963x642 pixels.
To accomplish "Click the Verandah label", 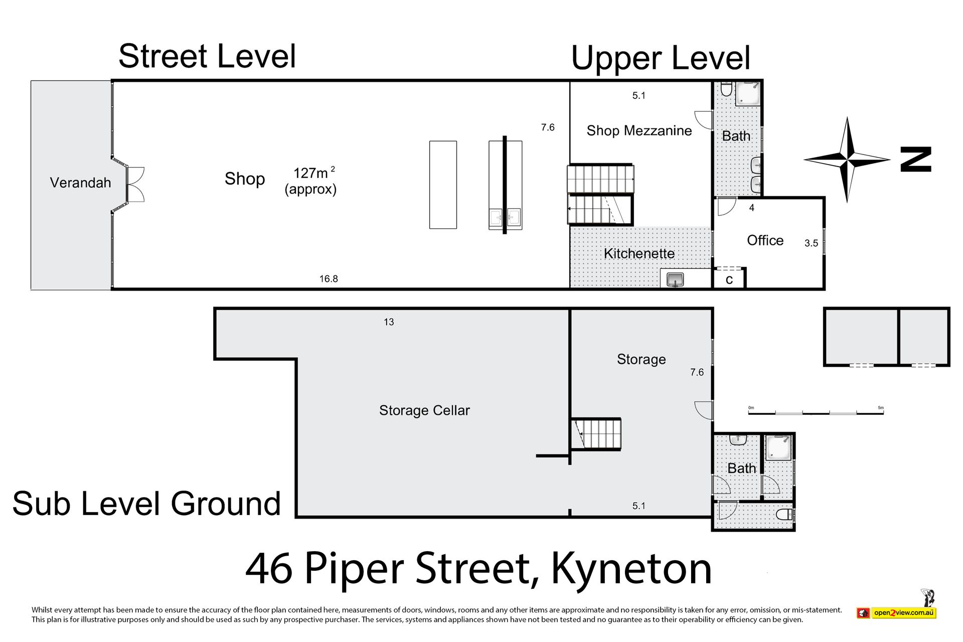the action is coord(80,183).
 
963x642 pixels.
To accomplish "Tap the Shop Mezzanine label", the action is coord(639,131).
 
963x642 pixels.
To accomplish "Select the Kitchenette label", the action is coord(639,253).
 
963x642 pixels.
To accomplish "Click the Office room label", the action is coord(765,240).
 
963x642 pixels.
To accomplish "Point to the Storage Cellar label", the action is coord(424,410).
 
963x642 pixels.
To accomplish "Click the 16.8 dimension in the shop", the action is coord(329,279).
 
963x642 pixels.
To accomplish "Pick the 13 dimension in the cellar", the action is coord(389,322).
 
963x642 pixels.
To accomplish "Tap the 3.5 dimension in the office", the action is coord(811,243).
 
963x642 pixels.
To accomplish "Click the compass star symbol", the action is coord(847,159).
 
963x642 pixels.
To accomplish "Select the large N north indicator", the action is coord(916,159).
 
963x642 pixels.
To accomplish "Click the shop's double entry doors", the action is coord(135,184).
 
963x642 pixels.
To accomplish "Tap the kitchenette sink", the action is coord(676,280).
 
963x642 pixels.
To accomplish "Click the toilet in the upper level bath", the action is coord(726,90).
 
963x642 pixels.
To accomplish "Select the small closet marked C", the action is coord(729,278).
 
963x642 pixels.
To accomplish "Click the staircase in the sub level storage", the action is coord(596,434).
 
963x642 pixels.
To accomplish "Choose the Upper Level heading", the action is coord(661,58).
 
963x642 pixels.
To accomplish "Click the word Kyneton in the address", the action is coord(631,569).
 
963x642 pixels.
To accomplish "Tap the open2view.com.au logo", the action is coord(896,612).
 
